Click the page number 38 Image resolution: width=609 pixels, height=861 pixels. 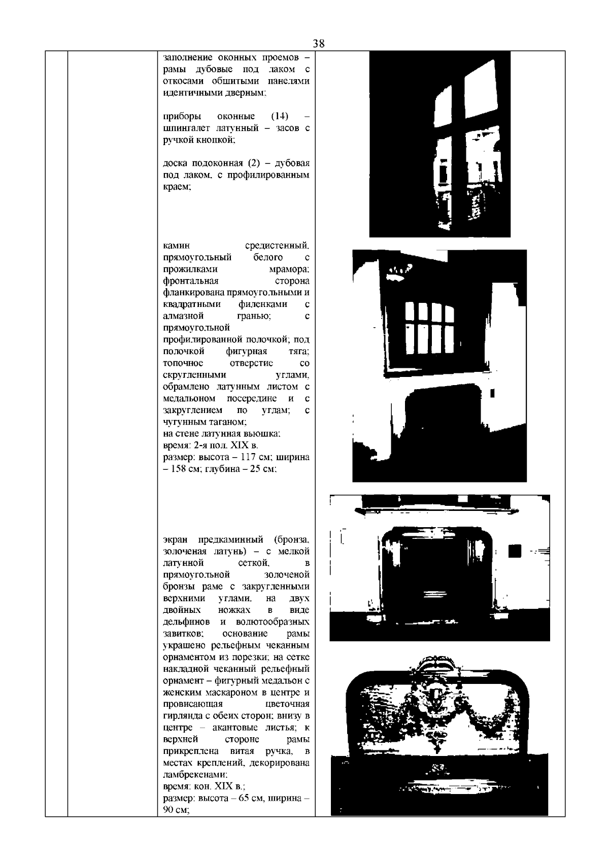pyautogui.click(x=319, y=44)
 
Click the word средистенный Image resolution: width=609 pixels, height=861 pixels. pyautogui.click(x=277, y=246)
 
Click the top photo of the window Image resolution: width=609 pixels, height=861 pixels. pyautogui.click(x=439, y=144)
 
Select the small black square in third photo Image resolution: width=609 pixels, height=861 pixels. pyautogui.click(x=515, y=550)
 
